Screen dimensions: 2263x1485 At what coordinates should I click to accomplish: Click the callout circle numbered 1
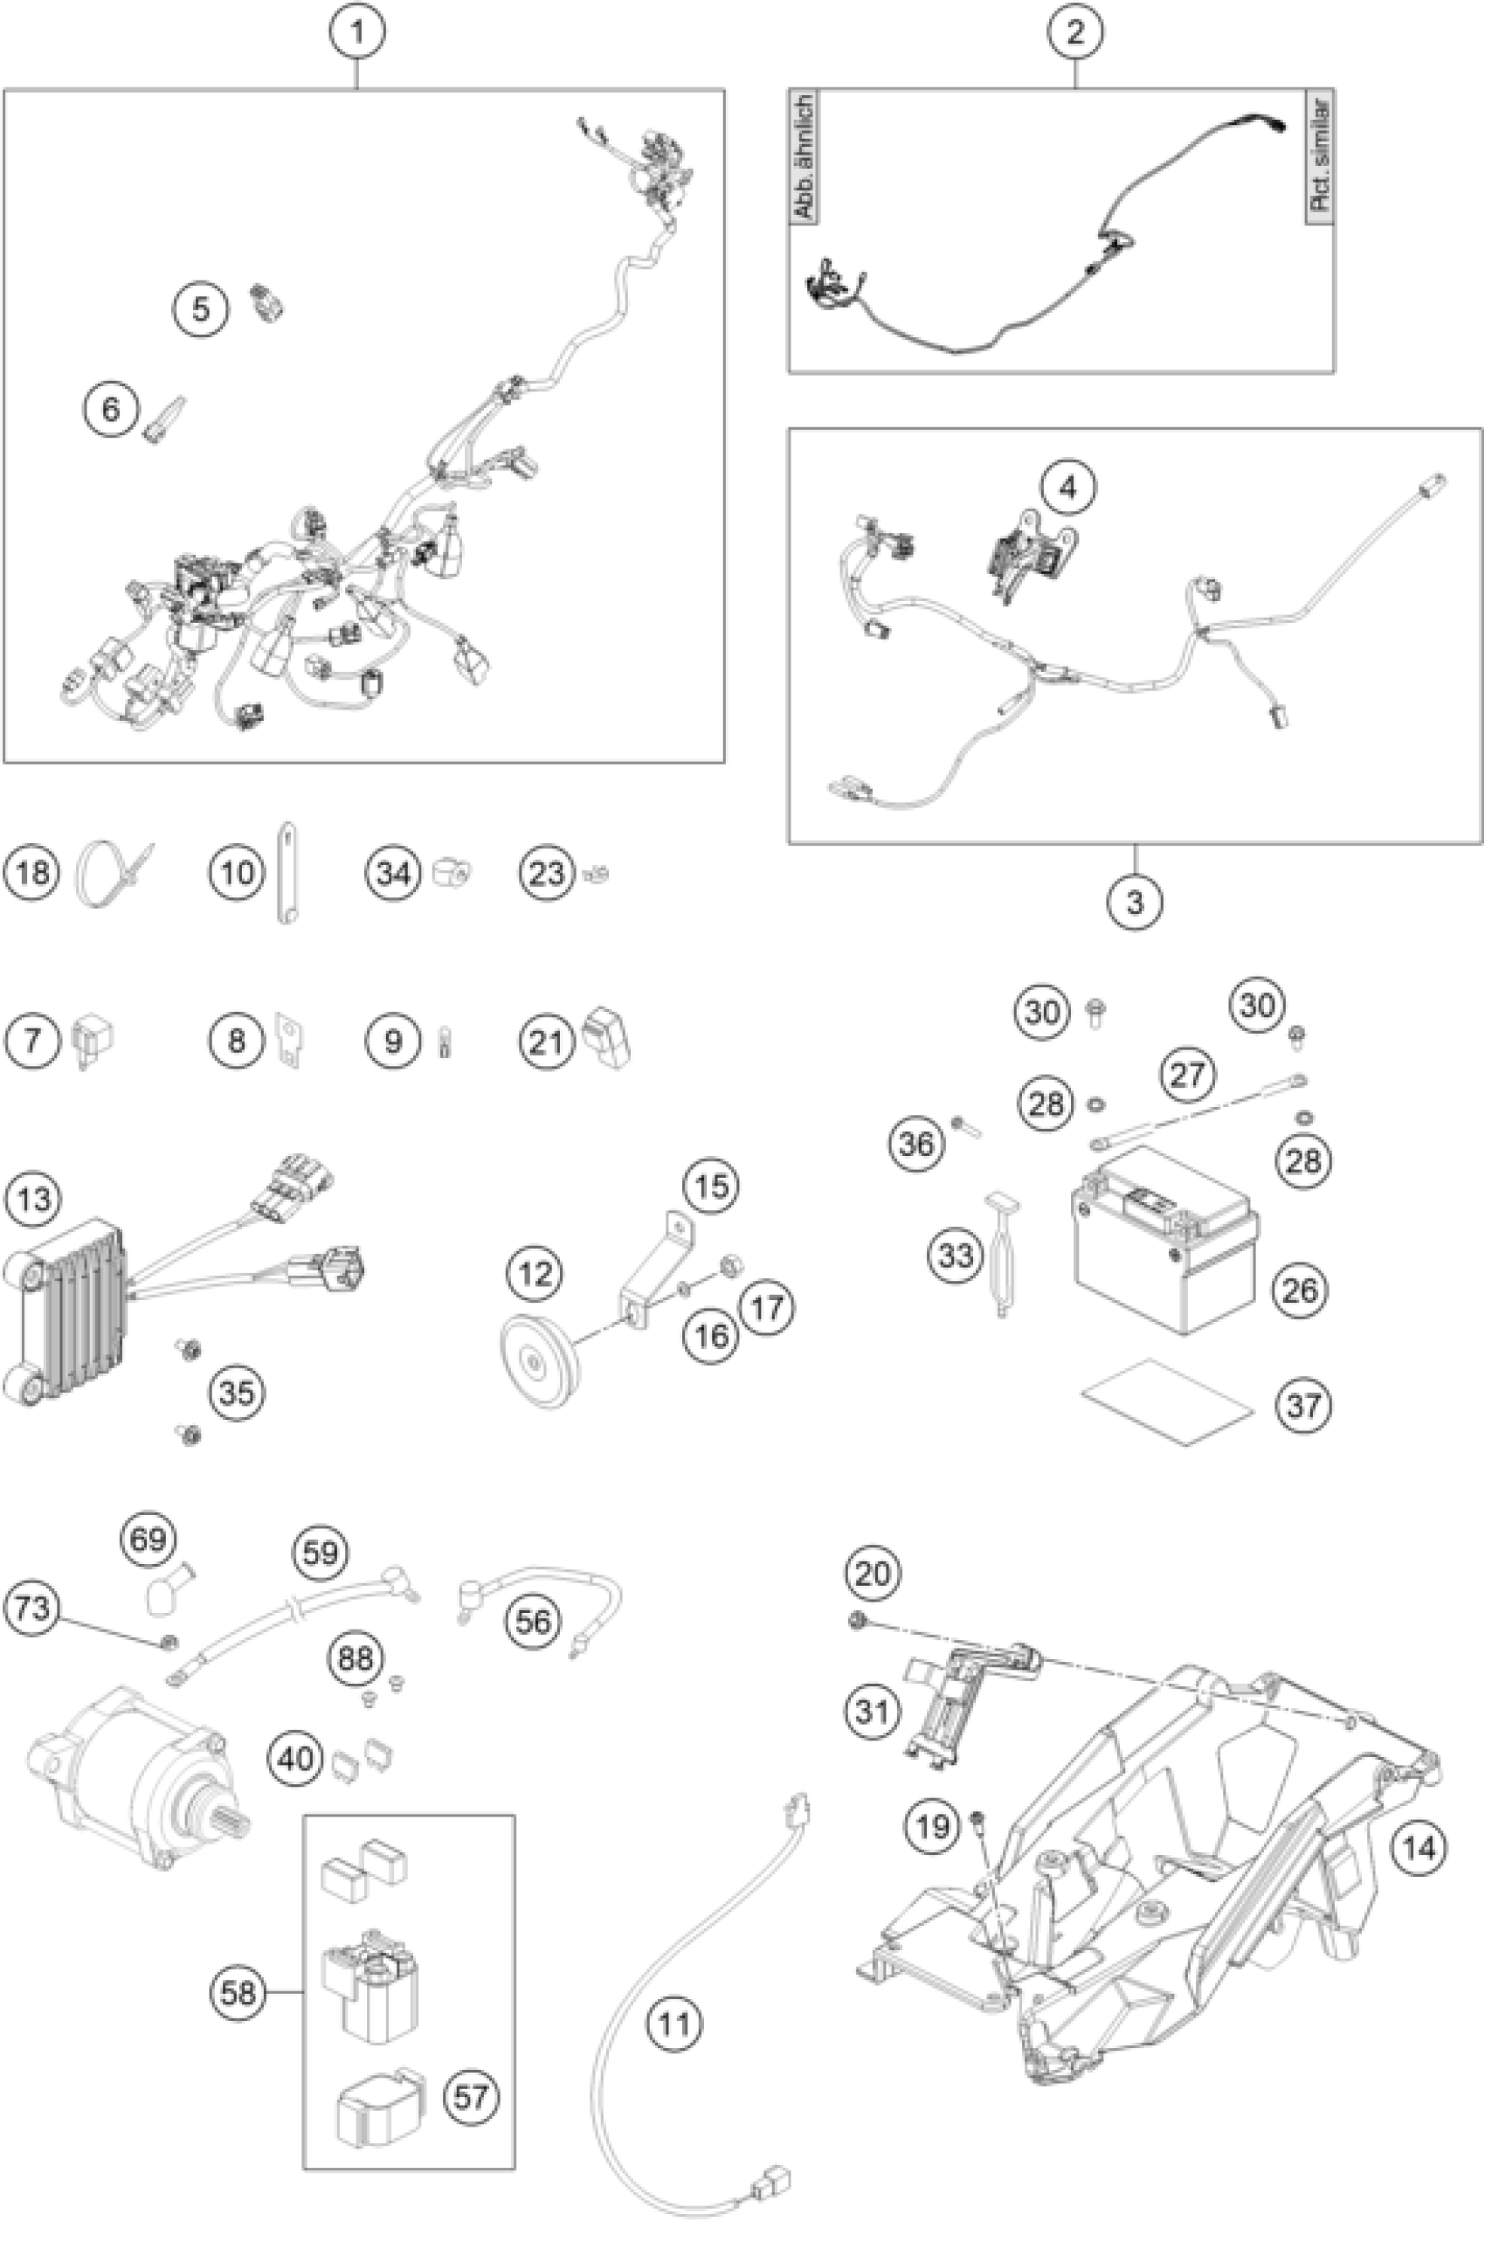click(x=356, y=32)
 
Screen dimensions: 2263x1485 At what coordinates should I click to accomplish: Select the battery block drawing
click(x=1164, y=1242)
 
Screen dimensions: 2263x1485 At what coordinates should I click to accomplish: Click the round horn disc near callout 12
click(x=538, y=1366)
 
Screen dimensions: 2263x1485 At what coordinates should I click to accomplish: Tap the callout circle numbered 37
click(x=1303, y=1404)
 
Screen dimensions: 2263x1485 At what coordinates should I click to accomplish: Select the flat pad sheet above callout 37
click(x=1166, y=1401)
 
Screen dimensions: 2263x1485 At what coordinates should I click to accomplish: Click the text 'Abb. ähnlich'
click(x=805, y=157)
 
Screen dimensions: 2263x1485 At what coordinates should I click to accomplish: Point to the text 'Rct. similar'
click(x=1321, y=157)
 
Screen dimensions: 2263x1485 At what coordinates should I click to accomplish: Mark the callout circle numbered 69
click(x=148, y=1539)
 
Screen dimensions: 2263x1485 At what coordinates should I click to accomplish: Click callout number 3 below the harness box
click(x=1134, y=901)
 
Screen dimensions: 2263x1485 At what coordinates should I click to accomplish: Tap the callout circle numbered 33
click(x=956, y=1255)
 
